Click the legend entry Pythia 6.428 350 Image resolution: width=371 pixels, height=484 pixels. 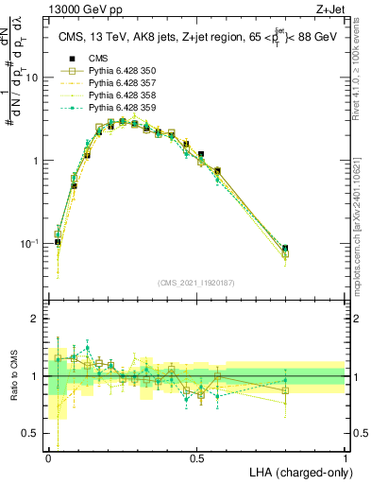pyautogui.click(x=114, y=71)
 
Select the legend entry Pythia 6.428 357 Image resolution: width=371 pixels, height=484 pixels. pyautogui.click(x=114, y=83)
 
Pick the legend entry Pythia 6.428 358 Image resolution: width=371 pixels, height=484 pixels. pyautogui.click(x=114, y=95)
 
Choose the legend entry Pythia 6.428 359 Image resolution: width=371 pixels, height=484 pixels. pyautogui.click(x=114, y=108)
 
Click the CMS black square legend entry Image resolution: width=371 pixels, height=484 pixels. pyautogui.click(x=96, y=59)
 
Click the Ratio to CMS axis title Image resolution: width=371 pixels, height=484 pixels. pyautogui.click(x=10, y=376)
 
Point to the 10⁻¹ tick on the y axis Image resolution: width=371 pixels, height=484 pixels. pyautogui.click(x=31, y=244)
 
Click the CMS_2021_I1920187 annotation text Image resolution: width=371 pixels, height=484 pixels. pyautogui.click(x=196, y=281)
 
